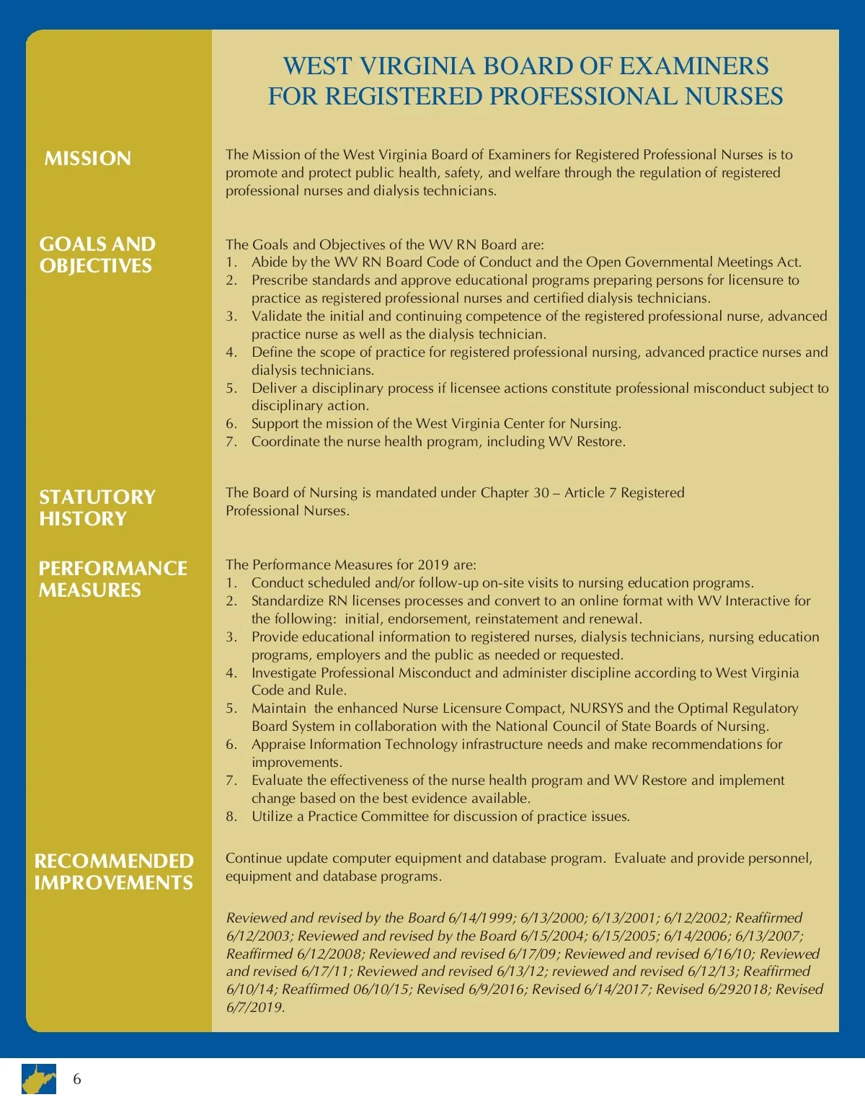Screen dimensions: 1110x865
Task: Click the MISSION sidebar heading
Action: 88,159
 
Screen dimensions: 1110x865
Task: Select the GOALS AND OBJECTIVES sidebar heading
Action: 97,255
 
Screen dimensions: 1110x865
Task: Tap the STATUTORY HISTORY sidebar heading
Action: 97,507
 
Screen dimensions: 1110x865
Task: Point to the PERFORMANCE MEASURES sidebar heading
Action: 112,579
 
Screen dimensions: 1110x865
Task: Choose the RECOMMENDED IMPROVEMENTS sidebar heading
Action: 114,871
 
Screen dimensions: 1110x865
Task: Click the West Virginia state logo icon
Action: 39,1079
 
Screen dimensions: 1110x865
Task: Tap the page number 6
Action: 77,1079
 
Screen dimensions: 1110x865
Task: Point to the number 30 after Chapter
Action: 541,493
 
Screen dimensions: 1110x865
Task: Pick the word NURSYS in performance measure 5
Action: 597,709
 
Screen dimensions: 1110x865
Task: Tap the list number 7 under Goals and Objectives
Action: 231,442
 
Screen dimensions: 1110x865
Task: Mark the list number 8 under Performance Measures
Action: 231,817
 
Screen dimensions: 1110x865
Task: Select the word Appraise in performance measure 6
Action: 278,745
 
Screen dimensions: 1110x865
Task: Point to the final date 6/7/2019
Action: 255,1008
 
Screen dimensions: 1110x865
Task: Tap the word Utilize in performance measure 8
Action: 272,817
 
